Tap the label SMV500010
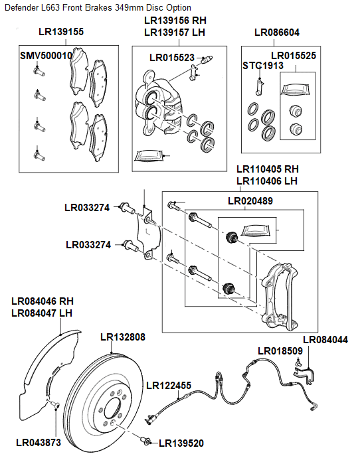[46, 56]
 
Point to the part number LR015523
[172, 58]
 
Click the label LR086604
[277, 32]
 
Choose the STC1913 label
[258, 66]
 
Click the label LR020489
[250, 200]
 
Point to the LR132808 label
[122, 337]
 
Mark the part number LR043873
[39, 442]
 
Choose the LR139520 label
[181, 443]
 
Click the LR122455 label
[169, 385]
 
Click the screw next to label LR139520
[145, 441]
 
